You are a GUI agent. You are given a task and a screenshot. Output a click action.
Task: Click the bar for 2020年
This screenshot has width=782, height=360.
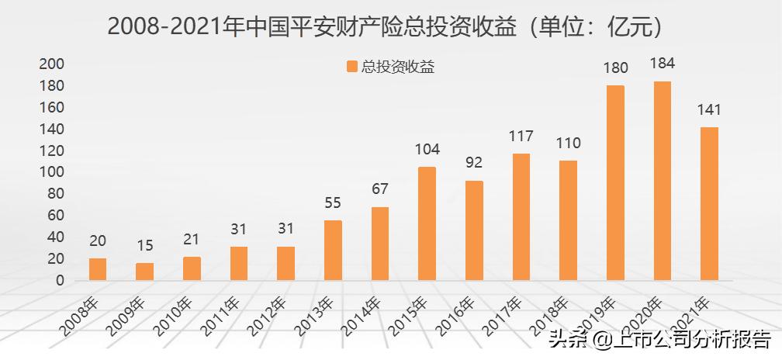click(662, 181)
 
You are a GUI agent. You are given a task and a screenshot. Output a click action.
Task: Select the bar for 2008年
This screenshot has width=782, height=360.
click(98, 269)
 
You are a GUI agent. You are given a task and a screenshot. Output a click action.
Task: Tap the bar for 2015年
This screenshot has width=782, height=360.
click(427, 223)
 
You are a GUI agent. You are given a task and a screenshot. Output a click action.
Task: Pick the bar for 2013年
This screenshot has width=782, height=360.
click(333, 250)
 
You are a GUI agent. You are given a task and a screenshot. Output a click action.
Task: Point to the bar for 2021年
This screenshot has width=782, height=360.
click(709, 203)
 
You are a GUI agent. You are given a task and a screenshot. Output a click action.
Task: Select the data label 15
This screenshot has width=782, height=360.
click(145, 246)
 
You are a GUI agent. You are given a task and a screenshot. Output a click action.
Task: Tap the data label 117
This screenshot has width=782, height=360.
click(521, 137)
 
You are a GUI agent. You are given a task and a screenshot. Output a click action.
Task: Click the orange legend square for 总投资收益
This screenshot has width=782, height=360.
click(352, 67)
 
